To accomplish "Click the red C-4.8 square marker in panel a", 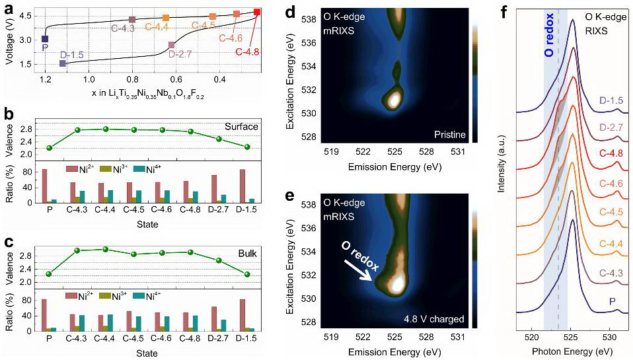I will coord(257,12).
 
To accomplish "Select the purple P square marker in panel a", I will coord(45,39).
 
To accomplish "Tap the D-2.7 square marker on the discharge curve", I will coord(172,45).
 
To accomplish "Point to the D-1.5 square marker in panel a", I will coord(63,63).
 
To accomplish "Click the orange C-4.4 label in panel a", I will coord(157,27).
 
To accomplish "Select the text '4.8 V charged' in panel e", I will coord(434,319).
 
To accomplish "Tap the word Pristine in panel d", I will coord(449,135).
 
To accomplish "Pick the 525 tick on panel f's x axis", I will coord(572,336).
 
